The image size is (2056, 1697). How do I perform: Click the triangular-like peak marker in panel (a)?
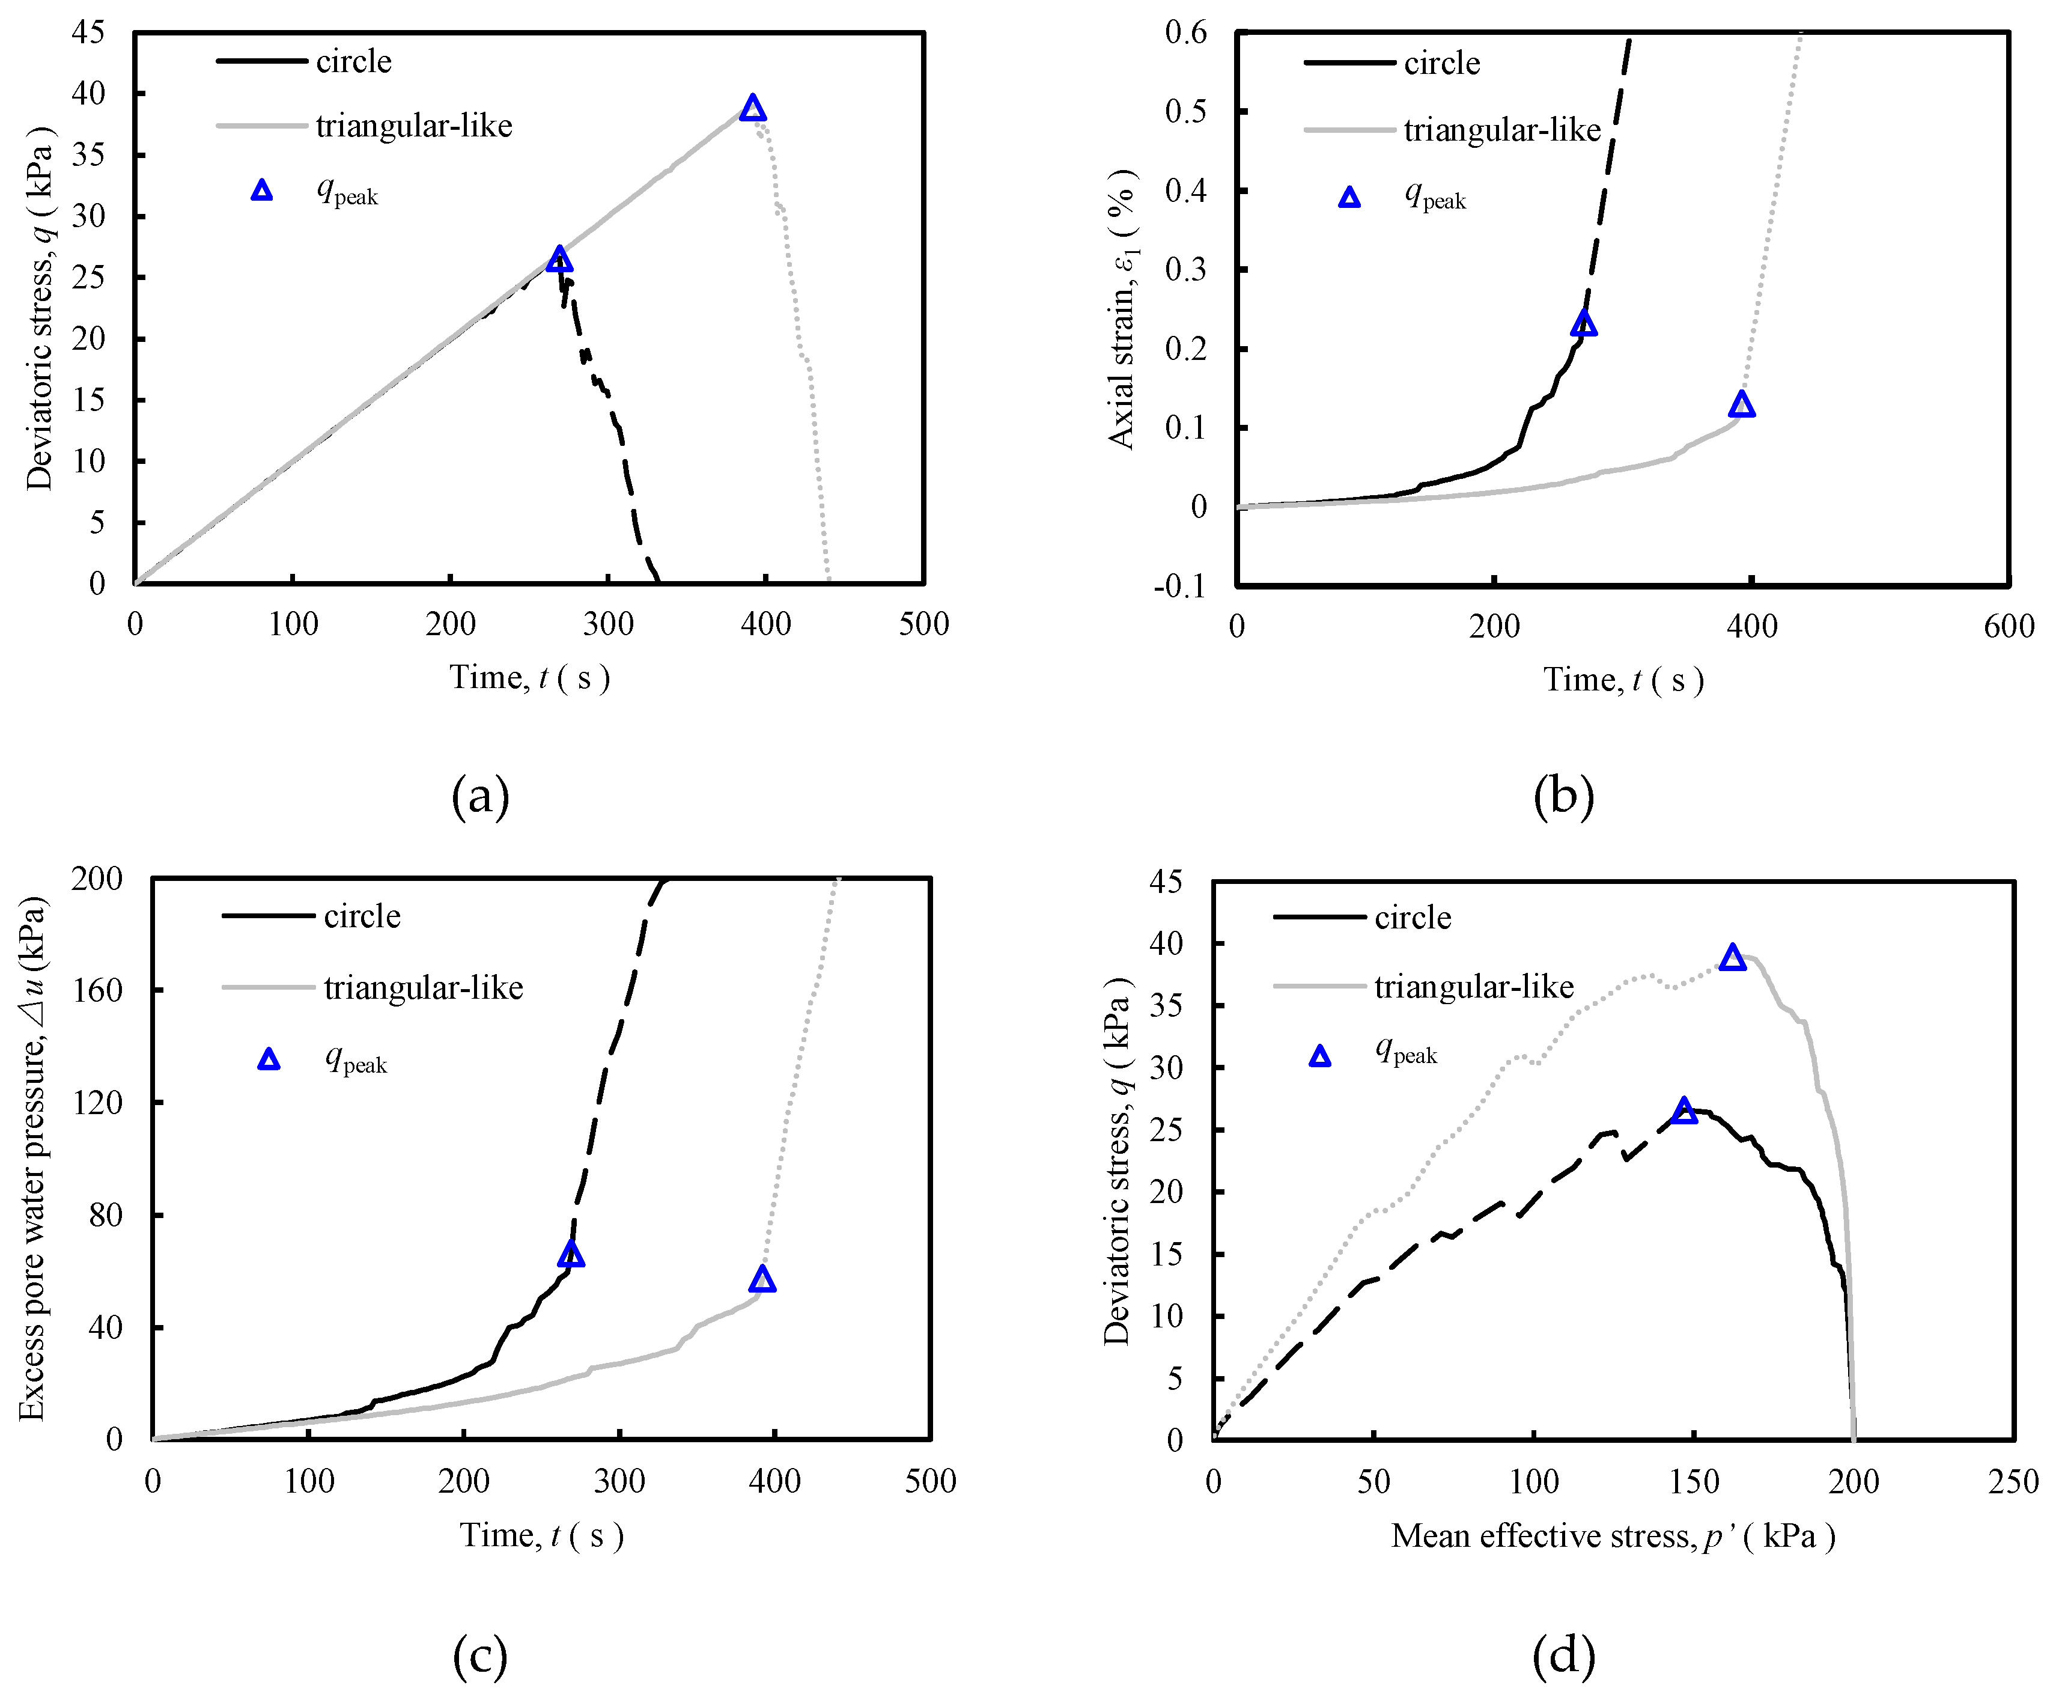[x=752, y=108]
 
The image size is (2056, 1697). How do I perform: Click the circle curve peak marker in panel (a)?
[x=559, y=259]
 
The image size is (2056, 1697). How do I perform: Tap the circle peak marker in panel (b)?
[x=1584, y=323]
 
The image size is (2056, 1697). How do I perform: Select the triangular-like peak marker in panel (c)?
[x=763, y=1279]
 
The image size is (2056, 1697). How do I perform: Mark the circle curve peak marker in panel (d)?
[x=1683, y=1111]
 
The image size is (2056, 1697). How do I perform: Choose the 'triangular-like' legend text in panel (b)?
[x=1502, y=130]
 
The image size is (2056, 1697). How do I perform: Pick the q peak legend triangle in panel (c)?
[x=269, y=1059]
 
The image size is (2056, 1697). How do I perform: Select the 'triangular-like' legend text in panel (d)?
[x=1474, y=987]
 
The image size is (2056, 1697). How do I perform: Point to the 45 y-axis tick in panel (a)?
[x=88, y=32]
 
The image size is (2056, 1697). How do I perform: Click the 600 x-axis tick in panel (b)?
[x=2008, y=627]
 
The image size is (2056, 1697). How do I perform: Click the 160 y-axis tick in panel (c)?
[x=98, y=990]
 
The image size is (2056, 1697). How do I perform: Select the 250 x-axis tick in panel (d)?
[x=2013, y=1482]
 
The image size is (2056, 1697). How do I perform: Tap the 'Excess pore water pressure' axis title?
[x=32, y=1159]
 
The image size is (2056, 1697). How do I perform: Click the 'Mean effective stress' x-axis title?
[x=1613, y=1536]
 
